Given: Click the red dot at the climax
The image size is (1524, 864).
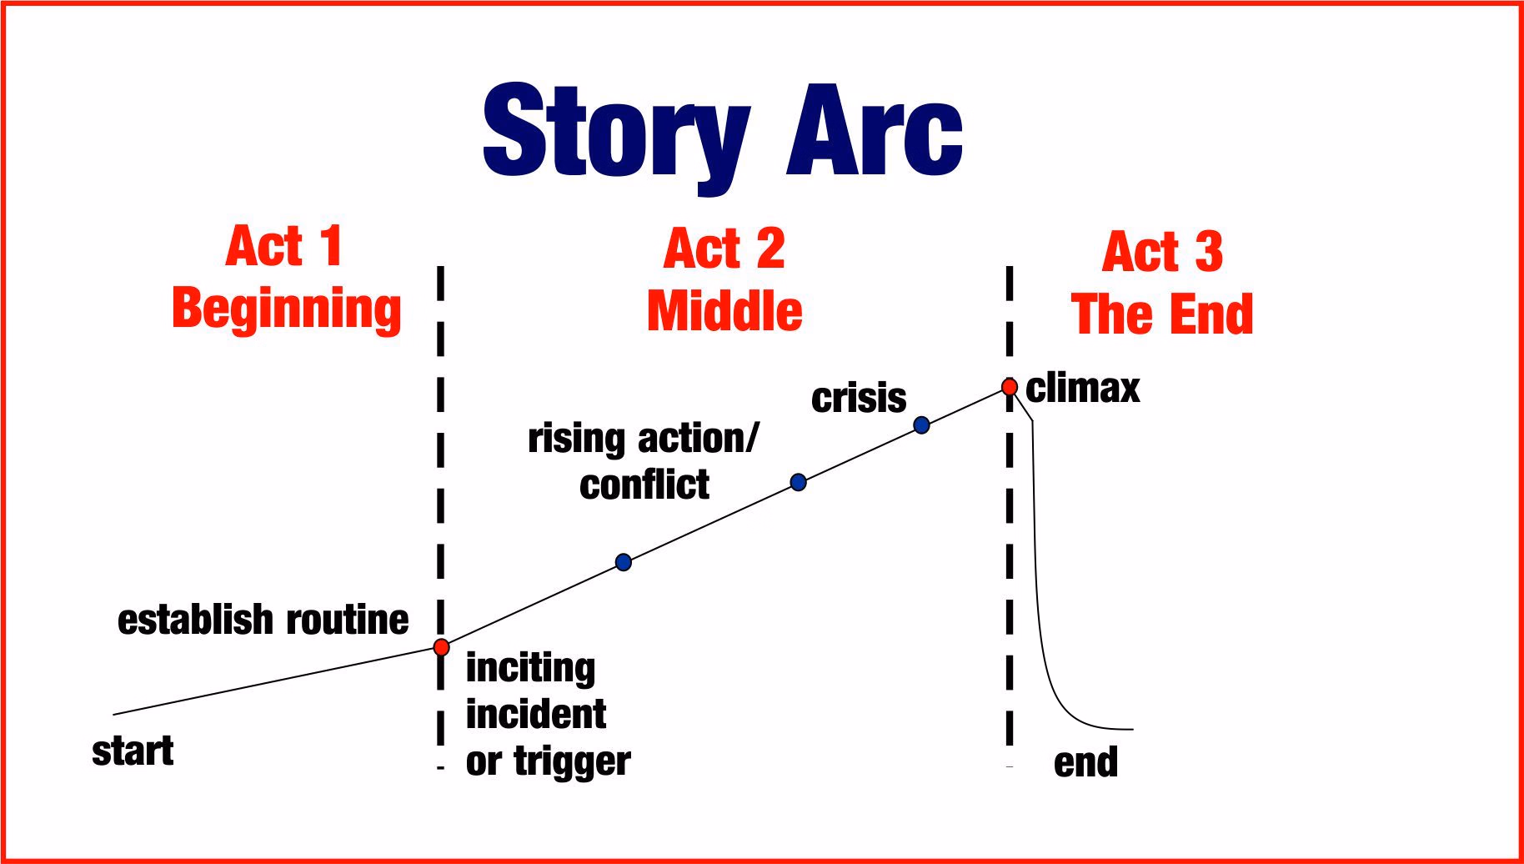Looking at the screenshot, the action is click(x=1010, y=387).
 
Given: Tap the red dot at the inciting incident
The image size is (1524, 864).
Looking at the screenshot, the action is click(x=442, y=647).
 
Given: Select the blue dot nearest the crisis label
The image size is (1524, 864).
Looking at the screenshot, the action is click(x=921, y=425).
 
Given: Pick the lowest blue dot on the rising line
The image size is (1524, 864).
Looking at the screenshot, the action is click(x=624, y=562).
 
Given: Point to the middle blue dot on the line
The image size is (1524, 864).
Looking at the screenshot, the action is click(x=798, y=482).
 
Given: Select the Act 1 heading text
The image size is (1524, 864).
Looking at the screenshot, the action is click(x=284, y=246).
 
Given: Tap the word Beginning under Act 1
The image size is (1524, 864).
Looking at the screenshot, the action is click(x=287, y=309).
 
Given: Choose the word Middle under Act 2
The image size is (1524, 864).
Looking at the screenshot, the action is click(x=724, y=311).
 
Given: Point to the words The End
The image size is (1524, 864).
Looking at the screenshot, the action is click(x=1162, y=314).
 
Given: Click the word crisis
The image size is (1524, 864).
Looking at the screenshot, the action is click(x=859, y=398).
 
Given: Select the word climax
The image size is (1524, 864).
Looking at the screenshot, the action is click(x=1082, y=388).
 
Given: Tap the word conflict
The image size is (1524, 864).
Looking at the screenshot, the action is click(x=644, y=485).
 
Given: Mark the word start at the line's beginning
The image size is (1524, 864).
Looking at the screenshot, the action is click(x=133, y=751).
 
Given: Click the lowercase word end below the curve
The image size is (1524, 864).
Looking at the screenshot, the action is click(x=1085, y=762).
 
